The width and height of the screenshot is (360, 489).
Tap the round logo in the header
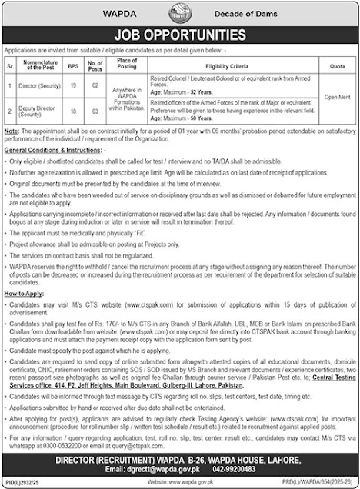(180, 12)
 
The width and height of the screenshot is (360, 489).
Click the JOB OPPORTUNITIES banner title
(180, 35)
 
